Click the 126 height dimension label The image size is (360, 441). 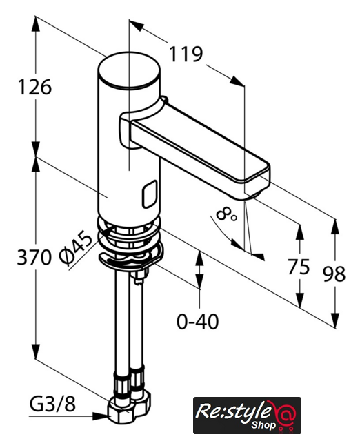pos(34,87)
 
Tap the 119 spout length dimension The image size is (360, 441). pos(186,54)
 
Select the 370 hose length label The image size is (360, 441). pos(34,257)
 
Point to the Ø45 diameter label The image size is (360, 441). pos(76,250)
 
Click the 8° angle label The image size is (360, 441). pos(227,214)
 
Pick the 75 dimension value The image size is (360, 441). pos(299,267)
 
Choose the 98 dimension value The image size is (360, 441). pos(334,274)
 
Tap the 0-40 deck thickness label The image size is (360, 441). pos(198,322)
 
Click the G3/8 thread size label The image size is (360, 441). pos(52,404)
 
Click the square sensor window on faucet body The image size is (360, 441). pos(150,194)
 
